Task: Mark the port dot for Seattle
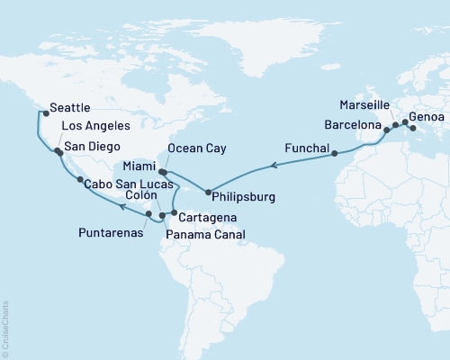(44, 113)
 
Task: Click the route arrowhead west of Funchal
(274, 165)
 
